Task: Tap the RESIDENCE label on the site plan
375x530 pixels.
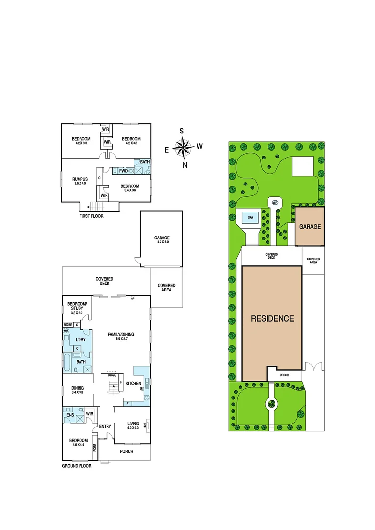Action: click(x=272, y=318)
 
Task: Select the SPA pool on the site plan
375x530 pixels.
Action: click(x=250, y=217)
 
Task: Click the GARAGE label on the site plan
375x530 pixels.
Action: click(x=310, y=227)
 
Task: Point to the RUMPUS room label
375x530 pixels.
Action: click(x=80, y=179)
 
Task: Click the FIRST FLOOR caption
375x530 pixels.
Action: click(x=91, y=216)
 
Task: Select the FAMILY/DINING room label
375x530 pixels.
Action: click(x=121, y=334)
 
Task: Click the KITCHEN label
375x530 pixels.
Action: click(x=134, y=383)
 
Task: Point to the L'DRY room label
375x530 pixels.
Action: click(x=80, y=339)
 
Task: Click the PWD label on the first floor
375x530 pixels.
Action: click(x=123, y=171)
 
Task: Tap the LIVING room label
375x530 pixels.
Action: click(x=133, y=423)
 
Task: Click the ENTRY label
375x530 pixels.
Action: click(x=105, y=426)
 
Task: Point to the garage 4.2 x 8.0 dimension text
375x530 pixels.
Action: click(x=161, y=242)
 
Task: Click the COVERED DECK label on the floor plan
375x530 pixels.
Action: click(x=105, y=281)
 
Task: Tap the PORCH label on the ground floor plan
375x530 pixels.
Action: click(x=126, y=451)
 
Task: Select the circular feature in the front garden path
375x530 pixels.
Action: click(x=271, y=404)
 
